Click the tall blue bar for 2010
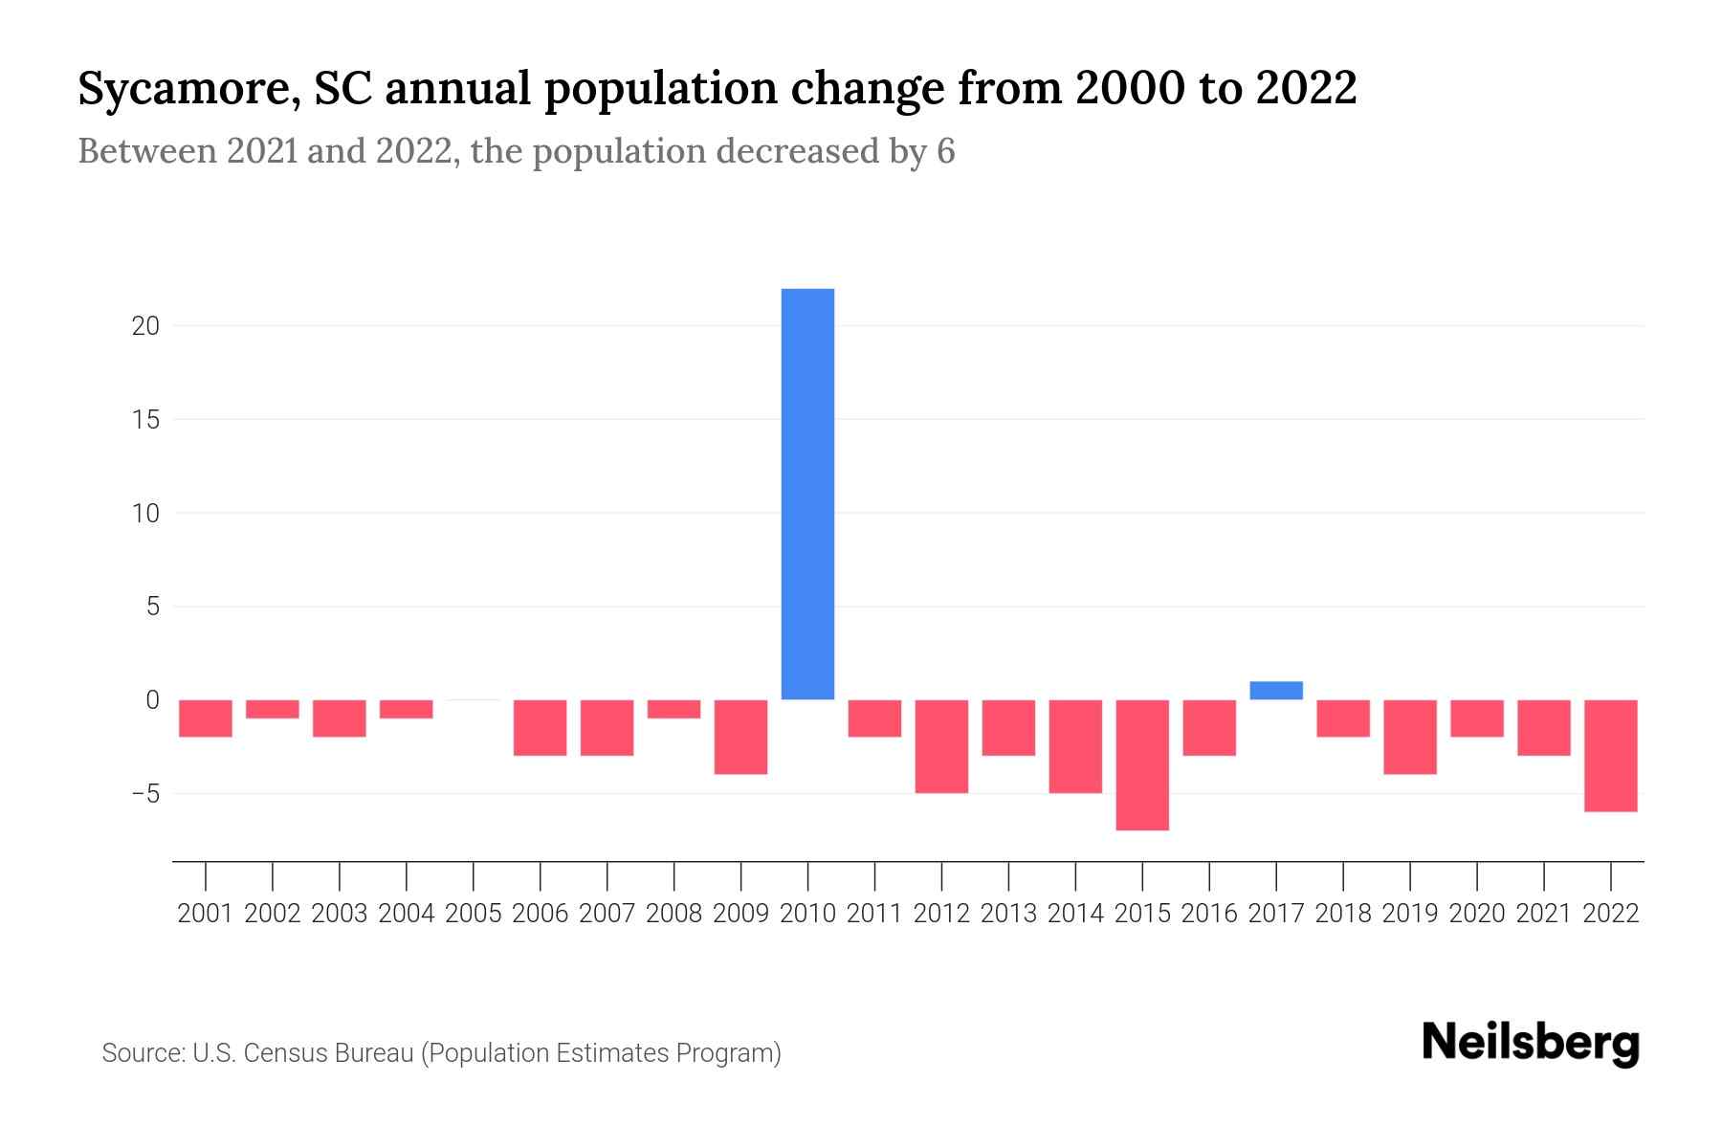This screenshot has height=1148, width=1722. coord(807,494)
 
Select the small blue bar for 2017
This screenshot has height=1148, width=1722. coord(1276,690)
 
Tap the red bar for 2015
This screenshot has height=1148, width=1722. coord(1142,764)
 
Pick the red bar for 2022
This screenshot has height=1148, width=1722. coord(1611,755)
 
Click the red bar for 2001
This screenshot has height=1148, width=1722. coord(206,717)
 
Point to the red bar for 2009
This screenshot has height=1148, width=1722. coord(740,737)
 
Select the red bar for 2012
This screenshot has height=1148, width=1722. coord(941,746)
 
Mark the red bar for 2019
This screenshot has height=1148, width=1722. coord(1410,737)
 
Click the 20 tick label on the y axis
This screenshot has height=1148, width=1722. coord(145,326)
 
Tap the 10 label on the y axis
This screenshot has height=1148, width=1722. coord(145,514)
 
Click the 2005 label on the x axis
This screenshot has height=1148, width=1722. coord(474,914)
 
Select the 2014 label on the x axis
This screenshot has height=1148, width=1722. coord(1075,914)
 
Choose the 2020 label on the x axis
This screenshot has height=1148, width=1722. coord(1477,914)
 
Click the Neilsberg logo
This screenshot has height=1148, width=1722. coord(1530,1043)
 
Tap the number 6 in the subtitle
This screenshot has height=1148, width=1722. coord(945,151)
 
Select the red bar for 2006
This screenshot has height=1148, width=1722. coord(541,727)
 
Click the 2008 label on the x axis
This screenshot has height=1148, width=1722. coord(673,914)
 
